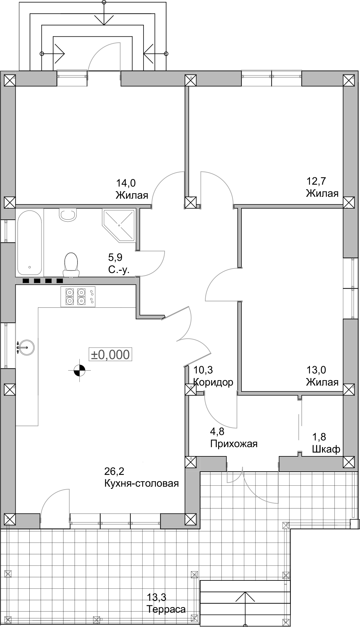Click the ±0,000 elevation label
110,355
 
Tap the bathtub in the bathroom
29,242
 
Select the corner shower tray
119,225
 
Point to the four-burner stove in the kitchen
78,297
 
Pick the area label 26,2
114,471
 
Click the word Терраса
166,609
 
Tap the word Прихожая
234,444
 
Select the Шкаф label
326,449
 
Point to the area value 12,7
316,181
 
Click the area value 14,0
126,183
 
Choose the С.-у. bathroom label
119,270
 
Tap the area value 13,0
316,370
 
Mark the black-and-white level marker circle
79,370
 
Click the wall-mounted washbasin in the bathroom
68,214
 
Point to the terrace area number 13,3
156,597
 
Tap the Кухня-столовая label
141,483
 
